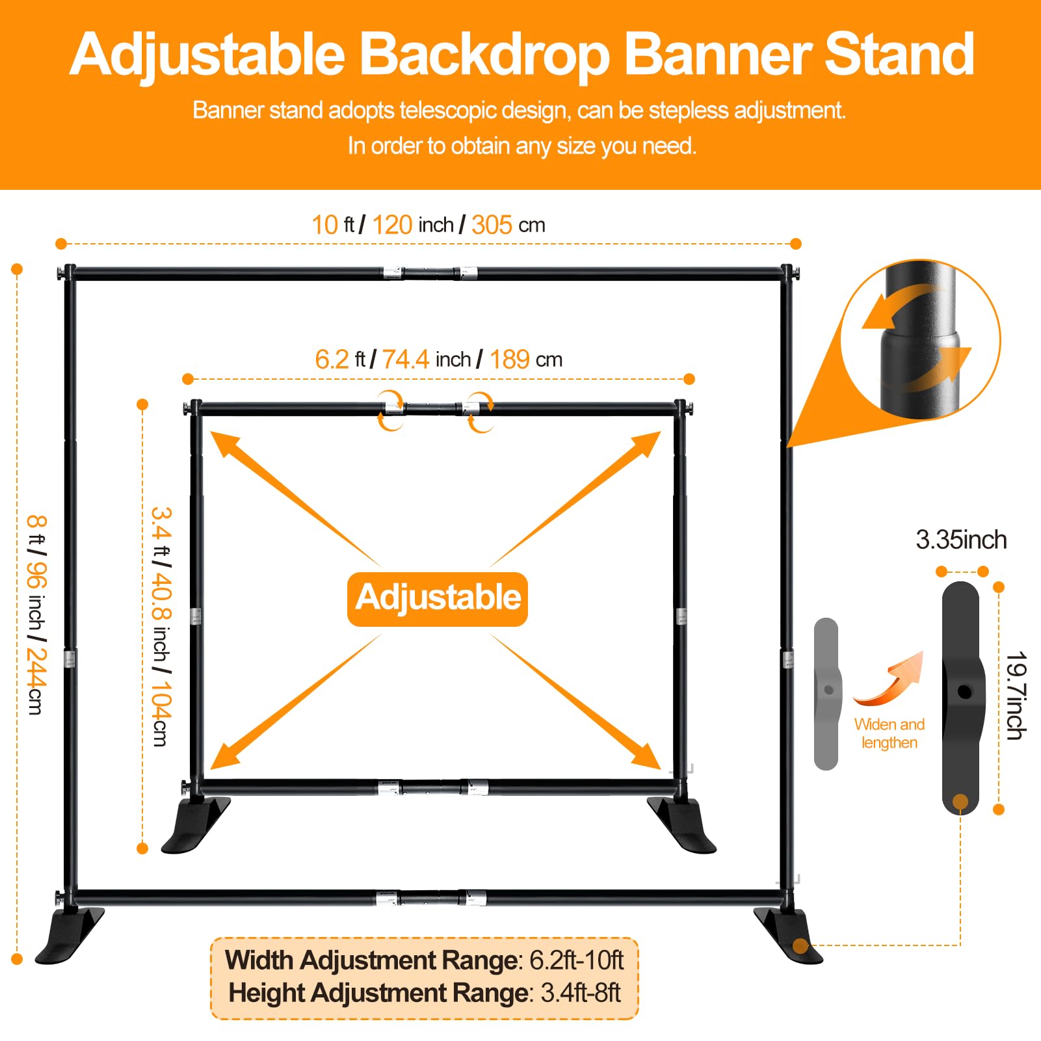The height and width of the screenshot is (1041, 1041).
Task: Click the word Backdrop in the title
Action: click(484, 55)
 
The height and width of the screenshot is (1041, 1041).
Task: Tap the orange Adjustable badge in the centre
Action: click(438, 598)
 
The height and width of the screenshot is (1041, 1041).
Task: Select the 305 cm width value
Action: click(493, 225)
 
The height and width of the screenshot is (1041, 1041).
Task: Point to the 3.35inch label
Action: click(961, 540)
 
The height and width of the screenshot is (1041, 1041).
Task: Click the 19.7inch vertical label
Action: click(1016, 695)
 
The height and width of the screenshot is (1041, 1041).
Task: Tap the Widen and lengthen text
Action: click(889, 733)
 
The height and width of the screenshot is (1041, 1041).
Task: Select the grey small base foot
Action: click(827, 693)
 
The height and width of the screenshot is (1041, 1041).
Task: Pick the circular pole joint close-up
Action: click(920, 339)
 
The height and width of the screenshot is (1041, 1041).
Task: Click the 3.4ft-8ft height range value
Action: click(580, 994)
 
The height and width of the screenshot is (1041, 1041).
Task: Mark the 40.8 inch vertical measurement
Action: click(161, 596)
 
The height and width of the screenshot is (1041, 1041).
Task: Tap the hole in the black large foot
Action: click(965, 692)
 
